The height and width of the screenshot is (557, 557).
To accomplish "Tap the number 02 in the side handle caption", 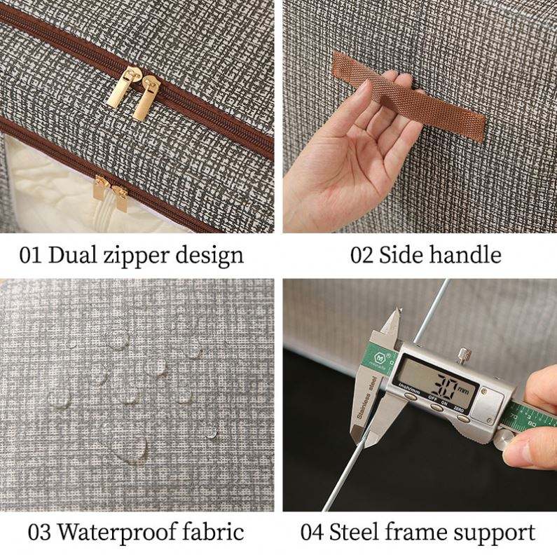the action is click(x=362, y=255).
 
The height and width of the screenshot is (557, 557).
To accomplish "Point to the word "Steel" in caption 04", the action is click(x=354, y=532).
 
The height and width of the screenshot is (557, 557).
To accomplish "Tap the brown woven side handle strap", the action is click(x=409, y=96).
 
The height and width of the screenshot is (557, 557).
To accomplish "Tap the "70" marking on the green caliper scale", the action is click(x=513, y=415).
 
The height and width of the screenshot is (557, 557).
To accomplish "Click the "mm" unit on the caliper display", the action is click(x=464, y=390).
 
